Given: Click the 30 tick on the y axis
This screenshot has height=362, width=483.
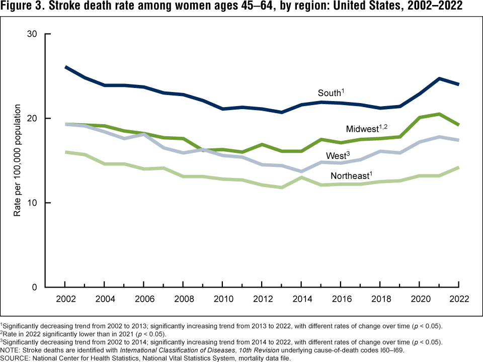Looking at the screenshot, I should click(x=33, y=34).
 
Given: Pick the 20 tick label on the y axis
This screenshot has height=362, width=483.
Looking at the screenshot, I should click(x=33, y=118).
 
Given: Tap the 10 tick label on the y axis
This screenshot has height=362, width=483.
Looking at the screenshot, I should click(x=33, y=203).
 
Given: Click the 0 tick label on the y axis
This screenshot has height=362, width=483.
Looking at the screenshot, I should click(x=35, y=287).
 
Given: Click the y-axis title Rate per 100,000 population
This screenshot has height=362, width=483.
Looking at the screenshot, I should click(x=17, y=161).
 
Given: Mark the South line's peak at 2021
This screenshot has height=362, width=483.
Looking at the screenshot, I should click(x=439, y=78).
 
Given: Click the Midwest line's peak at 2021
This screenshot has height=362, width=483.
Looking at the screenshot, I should click(x=439, y=114).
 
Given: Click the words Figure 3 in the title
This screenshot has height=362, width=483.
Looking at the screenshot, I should click(x=21, y=7).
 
